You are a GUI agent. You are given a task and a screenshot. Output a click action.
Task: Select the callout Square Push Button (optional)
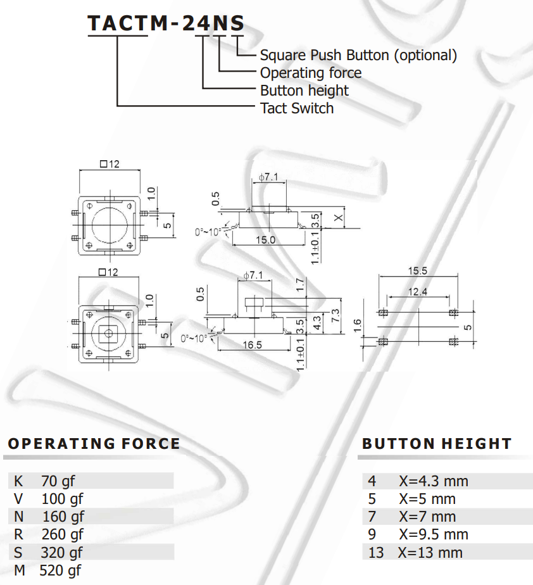click(358, 55)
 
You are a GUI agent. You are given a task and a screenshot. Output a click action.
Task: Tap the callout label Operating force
click(311, 73)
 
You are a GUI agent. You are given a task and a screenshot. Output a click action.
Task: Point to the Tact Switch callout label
click(297, 108)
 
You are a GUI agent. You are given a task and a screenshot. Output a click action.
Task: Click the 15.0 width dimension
click(265, 240)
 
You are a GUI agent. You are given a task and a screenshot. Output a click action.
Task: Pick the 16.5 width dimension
click(251, 345)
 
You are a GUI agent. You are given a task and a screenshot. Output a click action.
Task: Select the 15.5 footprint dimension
click(417, 270)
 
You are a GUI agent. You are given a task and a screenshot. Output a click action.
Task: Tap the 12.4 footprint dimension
click(418, 292)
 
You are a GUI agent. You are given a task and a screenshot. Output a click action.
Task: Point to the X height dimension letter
click(339, 218)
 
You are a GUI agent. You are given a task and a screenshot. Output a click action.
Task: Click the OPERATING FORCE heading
click(94, 444)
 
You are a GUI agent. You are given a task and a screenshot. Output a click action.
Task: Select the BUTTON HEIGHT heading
click(437, 444)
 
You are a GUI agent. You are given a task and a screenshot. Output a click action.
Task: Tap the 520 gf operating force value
click(60, 570)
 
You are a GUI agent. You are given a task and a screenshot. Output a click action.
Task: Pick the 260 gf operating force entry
click(62, 534)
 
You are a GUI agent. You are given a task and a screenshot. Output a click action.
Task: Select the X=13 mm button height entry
click(430, 553)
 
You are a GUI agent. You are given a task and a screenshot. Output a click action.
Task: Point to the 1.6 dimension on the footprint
click(358, 325)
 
